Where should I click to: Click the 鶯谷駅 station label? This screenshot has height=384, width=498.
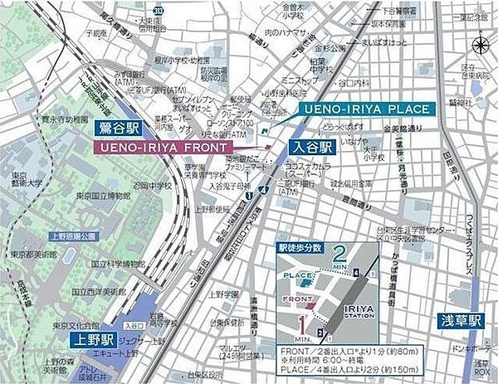point(117,129)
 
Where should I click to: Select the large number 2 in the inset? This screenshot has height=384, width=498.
point(339,252)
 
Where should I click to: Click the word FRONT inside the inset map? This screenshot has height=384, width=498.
point(296,299)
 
